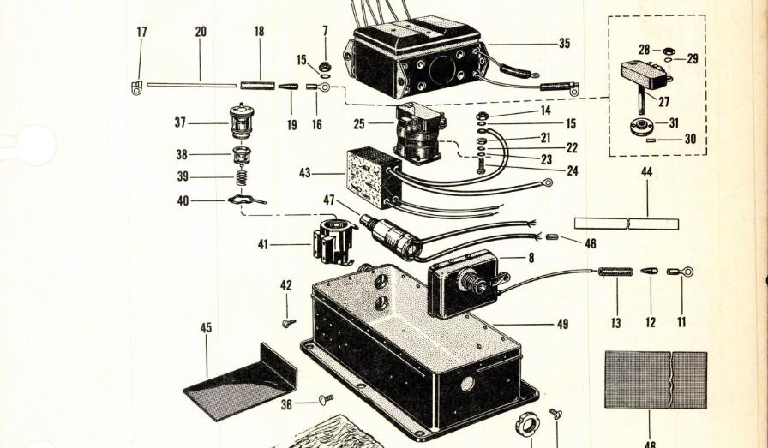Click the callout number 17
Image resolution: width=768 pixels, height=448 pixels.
tap(141, 32)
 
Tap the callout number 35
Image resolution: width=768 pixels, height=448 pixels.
tap(563, 43)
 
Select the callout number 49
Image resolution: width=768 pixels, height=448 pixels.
tap(562, 324)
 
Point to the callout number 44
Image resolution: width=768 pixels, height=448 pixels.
tap(646, 172)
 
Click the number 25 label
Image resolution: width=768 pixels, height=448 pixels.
tap(359, 124)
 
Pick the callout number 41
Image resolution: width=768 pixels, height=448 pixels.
tap(262, 245)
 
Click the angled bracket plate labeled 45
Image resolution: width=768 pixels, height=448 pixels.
tap(240, 381)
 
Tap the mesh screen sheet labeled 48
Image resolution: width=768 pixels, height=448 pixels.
tap(656, 379)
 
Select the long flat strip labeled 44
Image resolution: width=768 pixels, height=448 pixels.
tap(626, 224)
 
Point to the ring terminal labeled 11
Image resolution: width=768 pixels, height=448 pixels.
tap(681, 272)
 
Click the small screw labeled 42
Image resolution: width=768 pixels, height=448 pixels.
tap(288, 323)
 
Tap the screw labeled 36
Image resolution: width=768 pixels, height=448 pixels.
tap(326, 399)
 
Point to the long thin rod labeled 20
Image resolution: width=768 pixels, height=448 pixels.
tap(190, 85)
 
